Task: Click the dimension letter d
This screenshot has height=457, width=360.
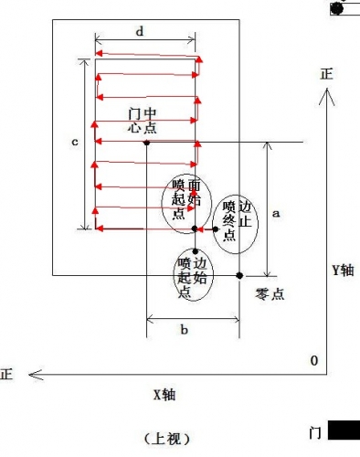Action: click(x=140, y=31)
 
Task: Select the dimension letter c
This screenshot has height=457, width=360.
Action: click(x=75, y=142)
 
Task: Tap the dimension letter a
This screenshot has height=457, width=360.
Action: click(x=276, y=213)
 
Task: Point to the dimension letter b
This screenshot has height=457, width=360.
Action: click(x=184, y=329)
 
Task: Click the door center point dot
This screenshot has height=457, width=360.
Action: click(x=146, y=143)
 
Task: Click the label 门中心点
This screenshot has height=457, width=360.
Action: click(x=143, y=121)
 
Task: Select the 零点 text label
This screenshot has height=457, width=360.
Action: click(x=270, y=294)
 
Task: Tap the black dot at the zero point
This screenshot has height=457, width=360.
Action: click(x=239, y=276)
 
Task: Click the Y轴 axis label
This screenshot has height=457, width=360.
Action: click(x=343, y=270)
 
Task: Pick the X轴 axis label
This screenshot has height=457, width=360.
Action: click(x=164, y=395)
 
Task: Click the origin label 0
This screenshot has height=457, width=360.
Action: click(x=314, y=360)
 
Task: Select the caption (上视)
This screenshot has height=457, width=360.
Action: click(x=166, y=439)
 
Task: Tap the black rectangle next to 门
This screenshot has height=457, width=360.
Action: click(x=344, y=430)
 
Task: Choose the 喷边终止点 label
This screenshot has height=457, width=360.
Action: click(x=237, y=220)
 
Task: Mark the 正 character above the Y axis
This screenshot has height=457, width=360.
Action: click(x=326, y=74)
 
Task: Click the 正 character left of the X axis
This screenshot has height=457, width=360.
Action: click(x=6, y=375)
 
